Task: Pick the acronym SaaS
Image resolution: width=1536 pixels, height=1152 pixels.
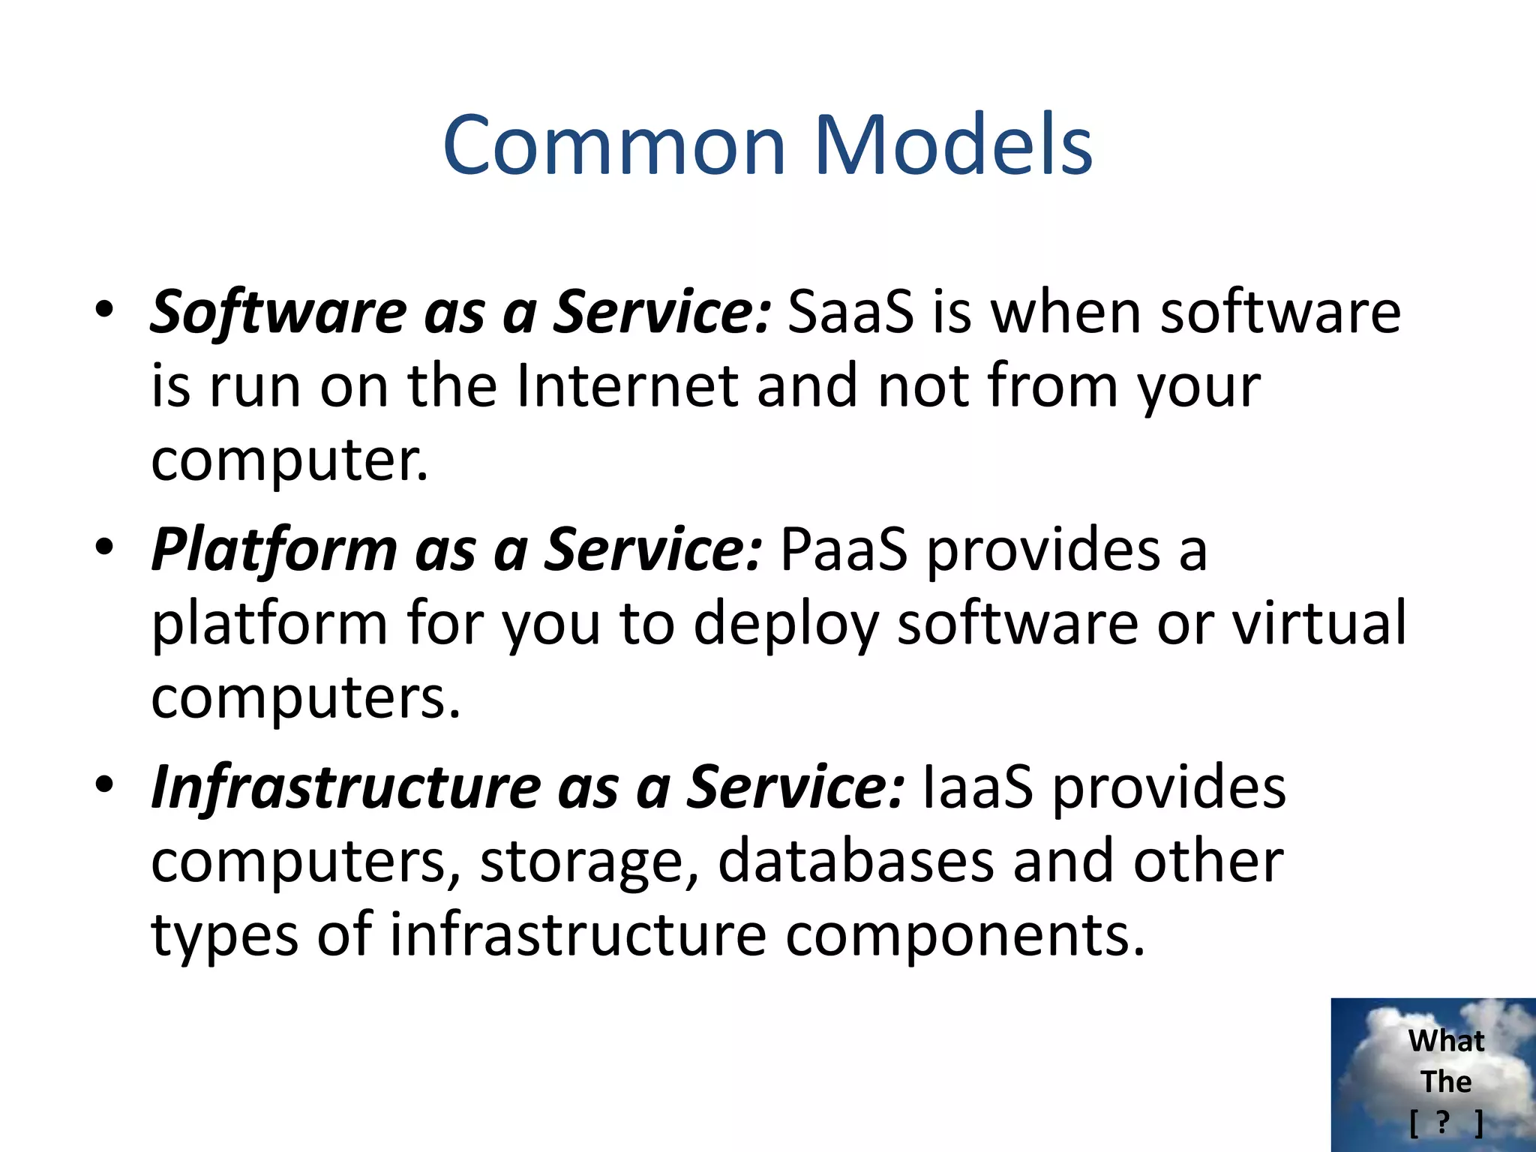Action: point(850,312)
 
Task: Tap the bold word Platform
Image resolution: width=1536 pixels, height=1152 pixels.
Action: point(274,549)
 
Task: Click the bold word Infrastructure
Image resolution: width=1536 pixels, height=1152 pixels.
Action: point(345,787)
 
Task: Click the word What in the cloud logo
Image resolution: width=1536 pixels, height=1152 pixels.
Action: point(1445,1041)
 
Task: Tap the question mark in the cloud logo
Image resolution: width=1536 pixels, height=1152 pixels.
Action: point(1442,1122)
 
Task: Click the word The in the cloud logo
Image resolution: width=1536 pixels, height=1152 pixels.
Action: point(1445,1081)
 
